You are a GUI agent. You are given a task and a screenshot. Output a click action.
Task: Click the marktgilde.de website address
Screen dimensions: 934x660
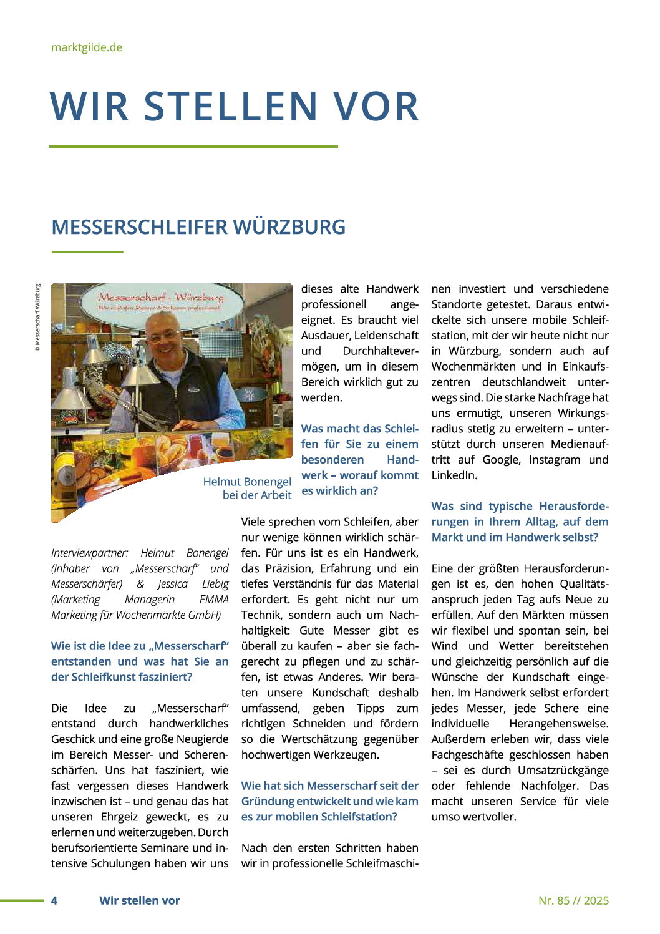point(87,47)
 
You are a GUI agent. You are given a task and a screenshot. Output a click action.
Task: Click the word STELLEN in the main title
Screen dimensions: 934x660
point(231,106)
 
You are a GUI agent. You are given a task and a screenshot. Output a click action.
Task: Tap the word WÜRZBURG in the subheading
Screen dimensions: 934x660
point(290,227)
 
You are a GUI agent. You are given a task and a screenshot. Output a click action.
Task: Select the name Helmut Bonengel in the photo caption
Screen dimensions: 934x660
point(247,482)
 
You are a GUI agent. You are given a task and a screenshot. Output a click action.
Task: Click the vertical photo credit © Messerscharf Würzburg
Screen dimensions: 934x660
point(38,318)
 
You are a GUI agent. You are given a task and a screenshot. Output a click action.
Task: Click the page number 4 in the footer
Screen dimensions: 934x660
point(54,900)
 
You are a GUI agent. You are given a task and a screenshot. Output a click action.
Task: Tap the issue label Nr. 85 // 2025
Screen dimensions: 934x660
point(573,900)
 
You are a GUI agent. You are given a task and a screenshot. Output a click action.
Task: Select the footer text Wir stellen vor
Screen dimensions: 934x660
point(140,900)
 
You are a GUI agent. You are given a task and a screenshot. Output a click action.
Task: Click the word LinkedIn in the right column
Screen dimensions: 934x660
point(454,475)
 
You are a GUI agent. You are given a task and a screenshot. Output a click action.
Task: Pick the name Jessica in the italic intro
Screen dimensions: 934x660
point(172,584)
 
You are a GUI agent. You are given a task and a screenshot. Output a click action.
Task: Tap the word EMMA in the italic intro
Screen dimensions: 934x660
point(214,600)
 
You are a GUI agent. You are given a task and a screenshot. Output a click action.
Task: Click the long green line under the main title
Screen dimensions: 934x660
point(193,147)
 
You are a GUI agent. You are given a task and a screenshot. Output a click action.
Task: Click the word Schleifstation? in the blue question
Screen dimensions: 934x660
point(359,817)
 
